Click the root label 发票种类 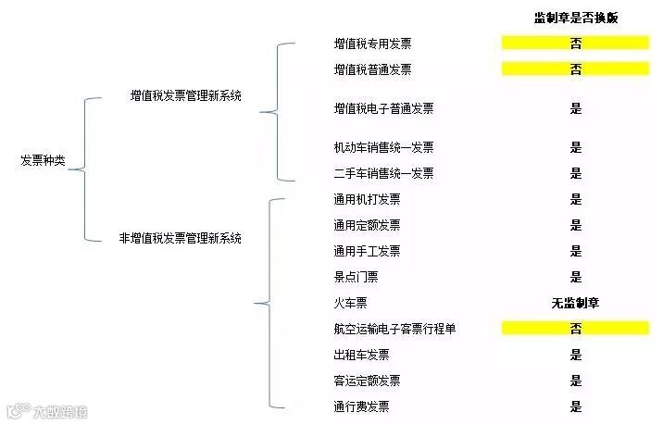[x=43, y=160]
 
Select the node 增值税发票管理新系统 [x=186, y=95]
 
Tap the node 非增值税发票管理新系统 [x=181, y=238]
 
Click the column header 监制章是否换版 [x=575, y=18]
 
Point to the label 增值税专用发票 [x=372, y=44]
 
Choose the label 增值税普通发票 [x=372, y=69]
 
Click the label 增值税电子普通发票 [x=383, y=108]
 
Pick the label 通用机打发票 [x=367, y=199]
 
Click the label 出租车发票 [x=361, y=355]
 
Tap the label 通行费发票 [x=361, y=406]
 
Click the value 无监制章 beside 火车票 [x=575, y=303]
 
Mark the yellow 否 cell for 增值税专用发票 [x=575, y=43]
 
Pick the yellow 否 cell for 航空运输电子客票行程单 [x=575, y=328]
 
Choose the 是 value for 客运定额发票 [x=575, y=381]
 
